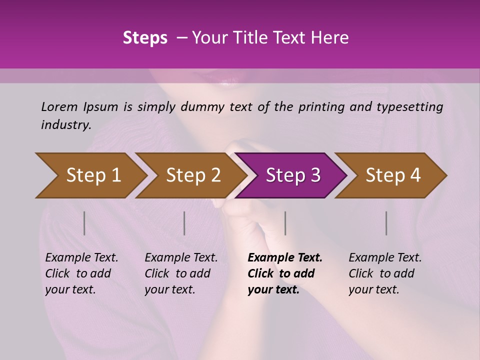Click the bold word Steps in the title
[145, 38]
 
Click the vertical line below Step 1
[84, 223]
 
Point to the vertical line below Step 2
[184, 223]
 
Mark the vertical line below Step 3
[285, 223]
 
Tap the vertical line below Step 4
[386, 223]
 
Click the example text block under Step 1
[81, 273]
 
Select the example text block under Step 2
[181, 273]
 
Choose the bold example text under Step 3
[285, 273]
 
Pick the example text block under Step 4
[385, 273]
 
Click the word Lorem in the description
[59, 106]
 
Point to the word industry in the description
[66, 125]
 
